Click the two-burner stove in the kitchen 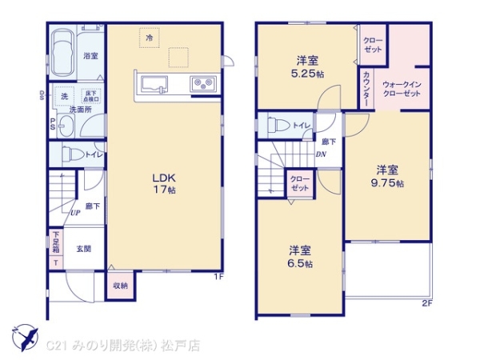[x=201, y=83]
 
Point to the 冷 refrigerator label [x=149, y=36]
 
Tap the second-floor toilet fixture [x=276, y=125]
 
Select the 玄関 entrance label [x=83, y=249]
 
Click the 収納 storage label [x=120, y=284]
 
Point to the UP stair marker [x=74, y=213]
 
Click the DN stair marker [x=322, y=154]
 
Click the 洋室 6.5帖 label [x=300, y=256]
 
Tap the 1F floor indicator [x=218, y=278]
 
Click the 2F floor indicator [x=426, y=302]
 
